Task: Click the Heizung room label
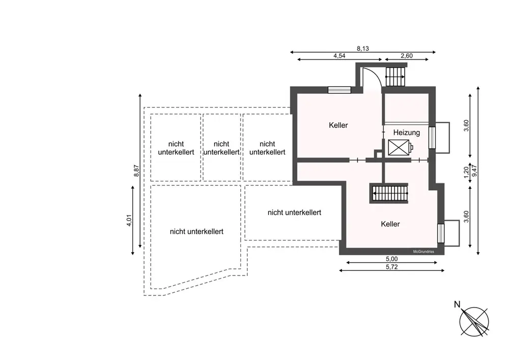407,133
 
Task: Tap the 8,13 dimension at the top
362,49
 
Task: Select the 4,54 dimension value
340,57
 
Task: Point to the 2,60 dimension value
406,57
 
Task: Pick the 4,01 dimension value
129,220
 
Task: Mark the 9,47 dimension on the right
475,171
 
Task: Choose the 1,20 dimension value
466,172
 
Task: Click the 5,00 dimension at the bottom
391,258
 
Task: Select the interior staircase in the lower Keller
390,193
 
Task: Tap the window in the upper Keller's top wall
339,90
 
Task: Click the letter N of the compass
457,305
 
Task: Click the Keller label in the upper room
338,125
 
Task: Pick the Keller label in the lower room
390,224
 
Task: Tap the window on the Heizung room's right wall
433,137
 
